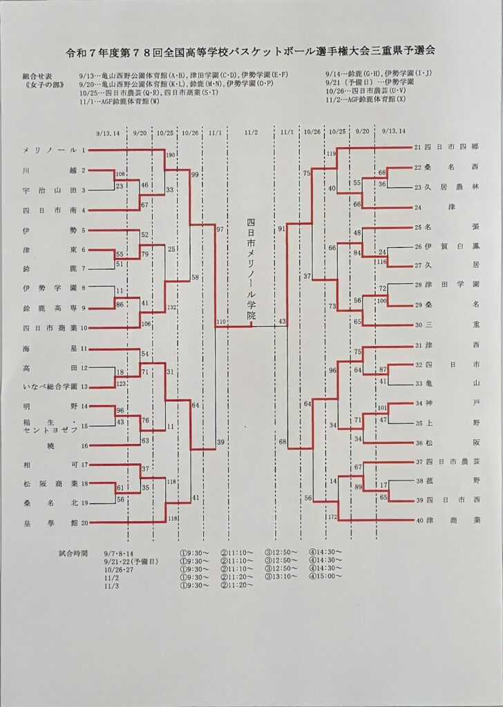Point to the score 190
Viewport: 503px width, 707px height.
point(171,155)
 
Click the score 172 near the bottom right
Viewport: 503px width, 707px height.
point(332,516)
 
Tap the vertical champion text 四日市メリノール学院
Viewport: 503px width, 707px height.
point(251,270)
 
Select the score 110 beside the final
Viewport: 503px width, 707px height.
point(221,322)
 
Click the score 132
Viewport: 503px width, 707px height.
point(171,306)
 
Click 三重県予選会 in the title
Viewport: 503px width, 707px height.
point(403,51)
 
